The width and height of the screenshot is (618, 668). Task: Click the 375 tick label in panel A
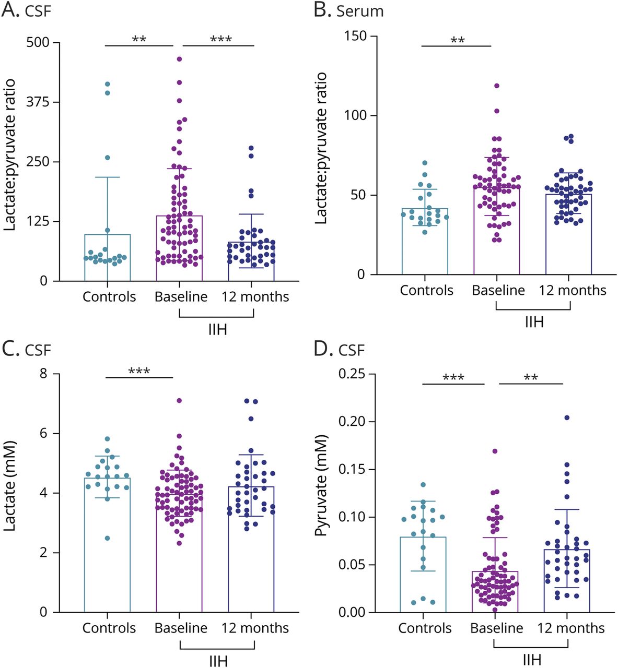point(37,102)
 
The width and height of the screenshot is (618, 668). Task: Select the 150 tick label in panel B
point(355,36)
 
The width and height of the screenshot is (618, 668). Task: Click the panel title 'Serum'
point(360,11)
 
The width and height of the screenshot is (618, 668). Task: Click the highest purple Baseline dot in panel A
point(179,59)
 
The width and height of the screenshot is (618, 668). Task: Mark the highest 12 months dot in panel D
point(567,417)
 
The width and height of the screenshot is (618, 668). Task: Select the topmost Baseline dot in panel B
point(497,86)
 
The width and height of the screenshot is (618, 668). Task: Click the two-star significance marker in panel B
point(458,40)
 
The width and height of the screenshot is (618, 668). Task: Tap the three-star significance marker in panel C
point(139,372)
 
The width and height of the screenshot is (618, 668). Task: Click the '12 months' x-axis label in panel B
point(573,290)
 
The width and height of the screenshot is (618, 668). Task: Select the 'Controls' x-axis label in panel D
point(425,628)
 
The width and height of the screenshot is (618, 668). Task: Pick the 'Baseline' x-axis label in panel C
point(181,628)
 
